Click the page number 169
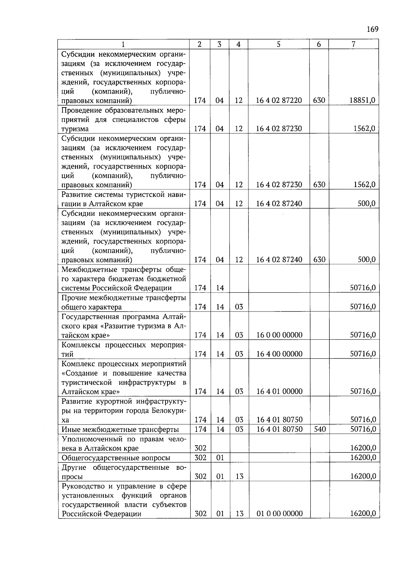pos(372,29)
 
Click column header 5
pos(279,44)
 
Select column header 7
pos(354,44)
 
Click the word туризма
pos(75,129)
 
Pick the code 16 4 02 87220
pos(279,100)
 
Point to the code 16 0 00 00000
pos(279,335)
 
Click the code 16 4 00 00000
pos(279,354)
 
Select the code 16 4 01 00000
pos(279,391)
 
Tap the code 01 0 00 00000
pos(280,514)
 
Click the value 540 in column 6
pos(319,429)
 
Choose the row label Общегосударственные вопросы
pos(116,458)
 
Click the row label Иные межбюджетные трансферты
pos(120,430)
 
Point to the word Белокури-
pos(169,411)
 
